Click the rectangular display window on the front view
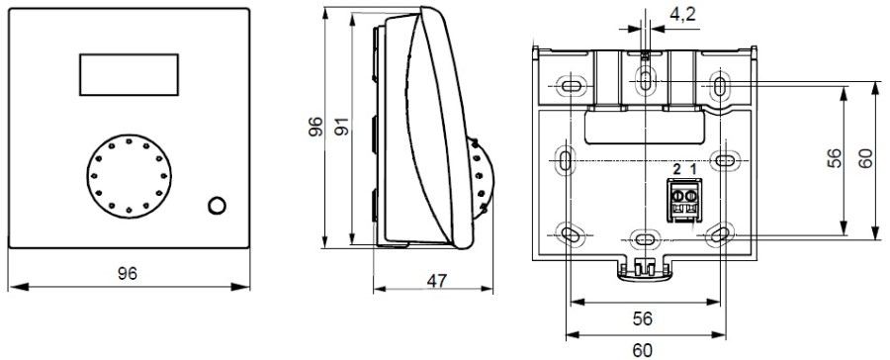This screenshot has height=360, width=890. [x=129, y=74]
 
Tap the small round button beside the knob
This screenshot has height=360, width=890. [x=217, y=206]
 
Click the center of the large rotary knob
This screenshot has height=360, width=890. [x=130, y=176]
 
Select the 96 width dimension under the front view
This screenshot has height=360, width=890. [x=128, y=274]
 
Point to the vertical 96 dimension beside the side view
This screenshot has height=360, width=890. [x=315, y=127]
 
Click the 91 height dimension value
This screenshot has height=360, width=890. [x=341, y=127]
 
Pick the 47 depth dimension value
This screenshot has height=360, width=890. [x=436, y=281]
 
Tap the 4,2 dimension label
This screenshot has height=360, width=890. [x=682, y=15]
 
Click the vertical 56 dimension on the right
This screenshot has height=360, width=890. [x=834, y=159]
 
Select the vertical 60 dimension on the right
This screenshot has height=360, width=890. [x=865, y=159]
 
